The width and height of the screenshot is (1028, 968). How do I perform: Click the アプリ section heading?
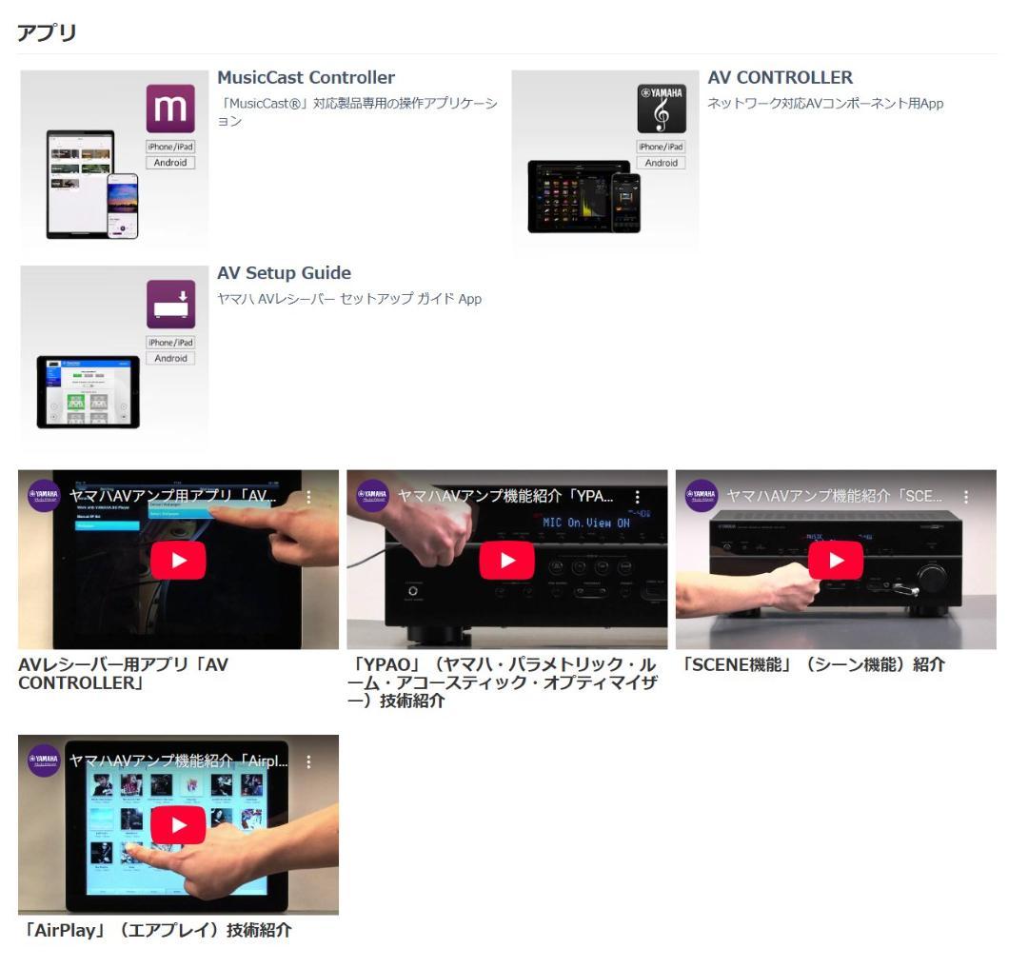[47, 32]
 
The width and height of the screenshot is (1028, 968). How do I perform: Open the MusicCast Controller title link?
[306, 78]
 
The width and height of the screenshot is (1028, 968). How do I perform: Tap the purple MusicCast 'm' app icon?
[170, 109]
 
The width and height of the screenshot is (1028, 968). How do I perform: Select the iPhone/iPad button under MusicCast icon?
[170, 147]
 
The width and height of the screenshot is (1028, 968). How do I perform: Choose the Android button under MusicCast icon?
[170, 163]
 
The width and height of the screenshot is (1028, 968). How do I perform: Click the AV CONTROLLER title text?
[780, 78]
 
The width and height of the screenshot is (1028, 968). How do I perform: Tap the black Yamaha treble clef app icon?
[662, 109]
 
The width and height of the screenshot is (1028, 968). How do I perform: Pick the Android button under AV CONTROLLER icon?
[662, 163]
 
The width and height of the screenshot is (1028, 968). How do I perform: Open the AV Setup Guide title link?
[284, 274]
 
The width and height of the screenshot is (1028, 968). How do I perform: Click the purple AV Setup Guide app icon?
[170, 305]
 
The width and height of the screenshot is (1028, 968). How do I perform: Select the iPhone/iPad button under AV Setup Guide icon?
[170, 343]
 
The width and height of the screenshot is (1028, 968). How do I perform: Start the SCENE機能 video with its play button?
[835, 560]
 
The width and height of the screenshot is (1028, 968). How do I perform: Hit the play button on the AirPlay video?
[177, 824]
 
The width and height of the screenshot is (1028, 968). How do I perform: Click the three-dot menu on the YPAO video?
[637, 497]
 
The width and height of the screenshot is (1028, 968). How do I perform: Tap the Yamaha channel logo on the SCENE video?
[702, 496]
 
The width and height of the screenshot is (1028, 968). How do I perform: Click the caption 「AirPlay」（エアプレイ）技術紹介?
[155, 930]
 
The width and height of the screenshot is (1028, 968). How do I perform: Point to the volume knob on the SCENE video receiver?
[932, 577]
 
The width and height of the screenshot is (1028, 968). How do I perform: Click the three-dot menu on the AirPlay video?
[308, 761]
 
